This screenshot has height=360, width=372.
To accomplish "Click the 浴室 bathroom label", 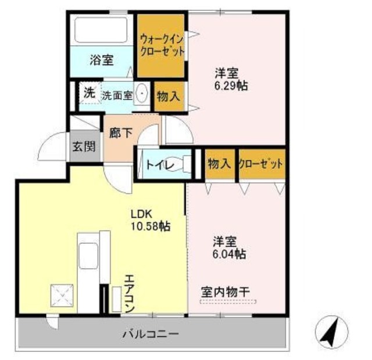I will [x=102, y=59].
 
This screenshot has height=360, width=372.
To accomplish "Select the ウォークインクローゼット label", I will [x=162, y=45].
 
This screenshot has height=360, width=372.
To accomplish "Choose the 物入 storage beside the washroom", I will [x=168, y=96].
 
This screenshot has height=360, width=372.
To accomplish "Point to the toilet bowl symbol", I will [x=184, y=164].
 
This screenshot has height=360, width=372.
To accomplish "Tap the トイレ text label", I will [x=158, y=165].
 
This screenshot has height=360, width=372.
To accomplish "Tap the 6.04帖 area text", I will [x=228, y=254].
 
